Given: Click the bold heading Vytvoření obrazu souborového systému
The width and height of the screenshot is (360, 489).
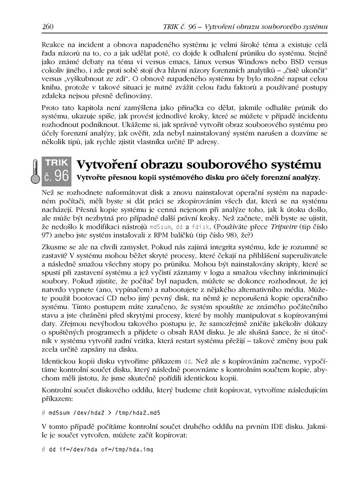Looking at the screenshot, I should click(199, 165).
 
